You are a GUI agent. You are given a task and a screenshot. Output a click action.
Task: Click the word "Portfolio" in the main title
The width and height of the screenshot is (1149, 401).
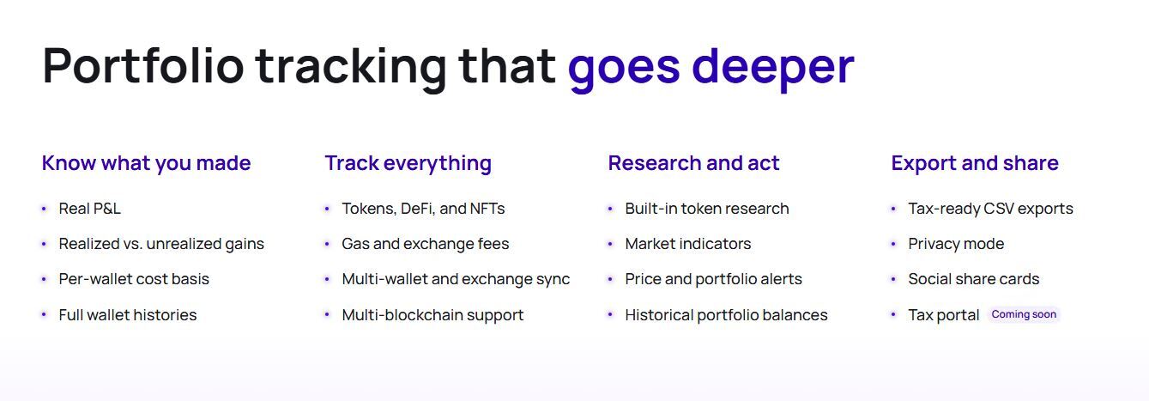pyautogui.click(x=143, y=66)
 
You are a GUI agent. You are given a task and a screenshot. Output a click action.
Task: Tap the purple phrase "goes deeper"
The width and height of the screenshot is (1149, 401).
pyautogui.click(x=711, y=70)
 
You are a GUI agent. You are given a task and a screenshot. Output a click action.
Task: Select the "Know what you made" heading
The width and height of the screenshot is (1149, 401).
pyautogui.click(x=146, y=163)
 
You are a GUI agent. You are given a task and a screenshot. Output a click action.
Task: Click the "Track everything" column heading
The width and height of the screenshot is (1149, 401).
pyautogui.click(x=408, y=163)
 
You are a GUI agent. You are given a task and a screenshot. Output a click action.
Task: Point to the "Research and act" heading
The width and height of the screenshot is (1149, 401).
pyautogui.click(x=693, y=163)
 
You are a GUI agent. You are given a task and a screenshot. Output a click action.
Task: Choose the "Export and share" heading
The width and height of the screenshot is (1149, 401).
pyautogui.click(x=975, y=163)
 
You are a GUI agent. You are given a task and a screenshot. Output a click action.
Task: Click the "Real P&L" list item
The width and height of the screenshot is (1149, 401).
pyautogui.click(x=90, y=209)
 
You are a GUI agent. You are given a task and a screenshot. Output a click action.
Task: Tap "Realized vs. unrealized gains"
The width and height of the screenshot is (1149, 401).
pyautogui.click(x=161, y=243)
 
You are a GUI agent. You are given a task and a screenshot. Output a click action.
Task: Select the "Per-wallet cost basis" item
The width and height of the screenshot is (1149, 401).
pyautogui.click(x=134, y=279)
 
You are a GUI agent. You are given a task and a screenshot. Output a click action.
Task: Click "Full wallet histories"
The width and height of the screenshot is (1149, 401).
pyautogui.click(x=128, y=315)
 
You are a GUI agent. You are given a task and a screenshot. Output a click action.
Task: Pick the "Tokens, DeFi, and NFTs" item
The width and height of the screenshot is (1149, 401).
pyautogui.click(x=423, y=209)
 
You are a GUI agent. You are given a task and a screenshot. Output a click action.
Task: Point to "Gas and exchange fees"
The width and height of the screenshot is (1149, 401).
pyautogui.click(x=426, y=243)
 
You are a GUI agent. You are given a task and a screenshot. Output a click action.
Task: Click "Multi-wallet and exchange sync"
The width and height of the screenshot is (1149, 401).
pyautogui.click(x=456, y=279)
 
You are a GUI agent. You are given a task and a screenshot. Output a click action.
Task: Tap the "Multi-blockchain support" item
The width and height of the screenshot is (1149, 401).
pyautogui.click(x=432, y=315)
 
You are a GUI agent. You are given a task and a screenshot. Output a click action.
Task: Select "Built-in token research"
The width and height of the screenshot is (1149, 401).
pyautogui.click(x=707, y=209)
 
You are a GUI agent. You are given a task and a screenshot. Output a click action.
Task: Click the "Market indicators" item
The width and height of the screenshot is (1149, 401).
pyautogui.click(x=688, y=243)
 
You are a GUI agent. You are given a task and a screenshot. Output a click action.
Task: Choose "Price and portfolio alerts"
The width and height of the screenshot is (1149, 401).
pyautogui.click(x=713, y=279)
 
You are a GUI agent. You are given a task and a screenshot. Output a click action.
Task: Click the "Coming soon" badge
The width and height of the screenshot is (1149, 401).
pyautogui.click(x=1024, y=314)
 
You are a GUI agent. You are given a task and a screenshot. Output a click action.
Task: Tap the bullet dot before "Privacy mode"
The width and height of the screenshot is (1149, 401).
pyautogui.click(x=893, y=244)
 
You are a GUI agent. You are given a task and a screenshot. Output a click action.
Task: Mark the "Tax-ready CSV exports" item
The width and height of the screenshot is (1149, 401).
pyautogui.click(x=990, y=209)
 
